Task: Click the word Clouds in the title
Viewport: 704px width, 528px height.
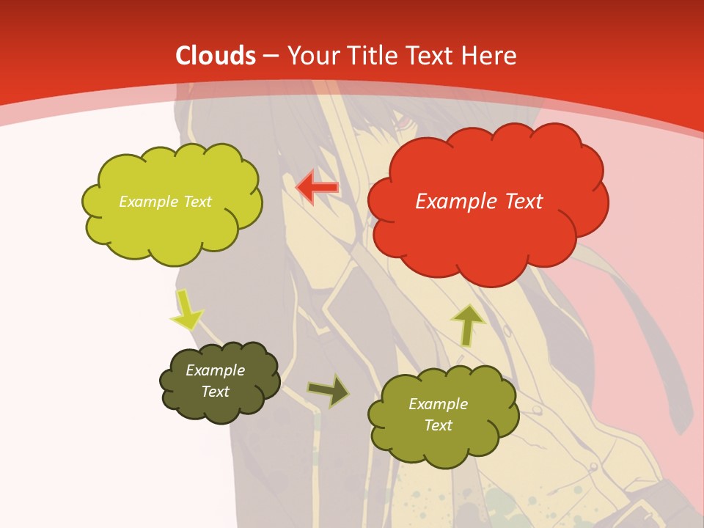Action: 216,56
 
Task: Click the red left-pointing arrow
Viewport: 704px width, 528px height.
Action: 316,188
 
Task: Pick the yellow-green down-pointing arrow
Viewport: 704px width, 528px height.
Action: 186,309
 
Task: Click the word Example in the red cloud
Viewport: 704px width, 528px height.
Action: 452,201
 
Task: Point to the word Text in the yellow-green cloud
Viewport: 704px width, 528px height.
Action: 196,202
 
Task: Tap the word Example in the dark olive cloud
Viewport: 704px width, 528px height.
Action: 215,370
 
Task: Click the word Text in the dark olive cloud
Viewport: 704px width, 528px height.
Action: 216,392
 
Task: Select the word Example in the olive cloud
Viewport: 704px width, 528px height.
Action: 438,404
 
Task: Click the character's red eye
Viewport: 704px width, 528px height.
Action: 404,121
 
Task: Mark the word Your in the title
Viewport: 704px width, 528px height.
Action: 309,56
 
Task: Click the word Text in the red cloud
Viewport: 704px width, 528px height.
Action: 524,201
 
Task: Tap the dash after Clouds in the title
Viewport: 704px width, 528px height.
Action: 270,56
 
